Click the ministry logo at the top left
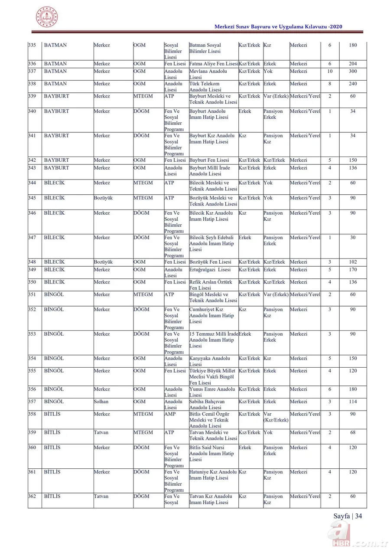point(46,17)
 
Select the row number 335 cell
point(32,46)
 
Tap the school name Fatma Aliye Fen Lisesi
point(214,64)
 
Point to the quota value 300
point(353,72)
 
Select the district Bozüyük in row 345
point(103,198)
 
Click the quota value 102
point(353,262)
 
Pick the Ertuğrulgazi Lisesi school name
point(210,270)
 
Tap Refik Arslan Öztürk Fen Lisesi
point(211,285)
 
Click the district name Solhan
point(101,402)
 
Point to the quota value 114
point(353,402)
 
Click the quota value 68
point(353,433)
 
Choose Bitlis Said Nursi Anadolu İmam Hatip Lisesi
point(211,453)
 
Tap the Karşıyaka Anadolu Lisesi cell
point(210,361)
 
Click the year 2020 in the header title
point(336,27)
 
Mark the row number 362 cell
point(32,496)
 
